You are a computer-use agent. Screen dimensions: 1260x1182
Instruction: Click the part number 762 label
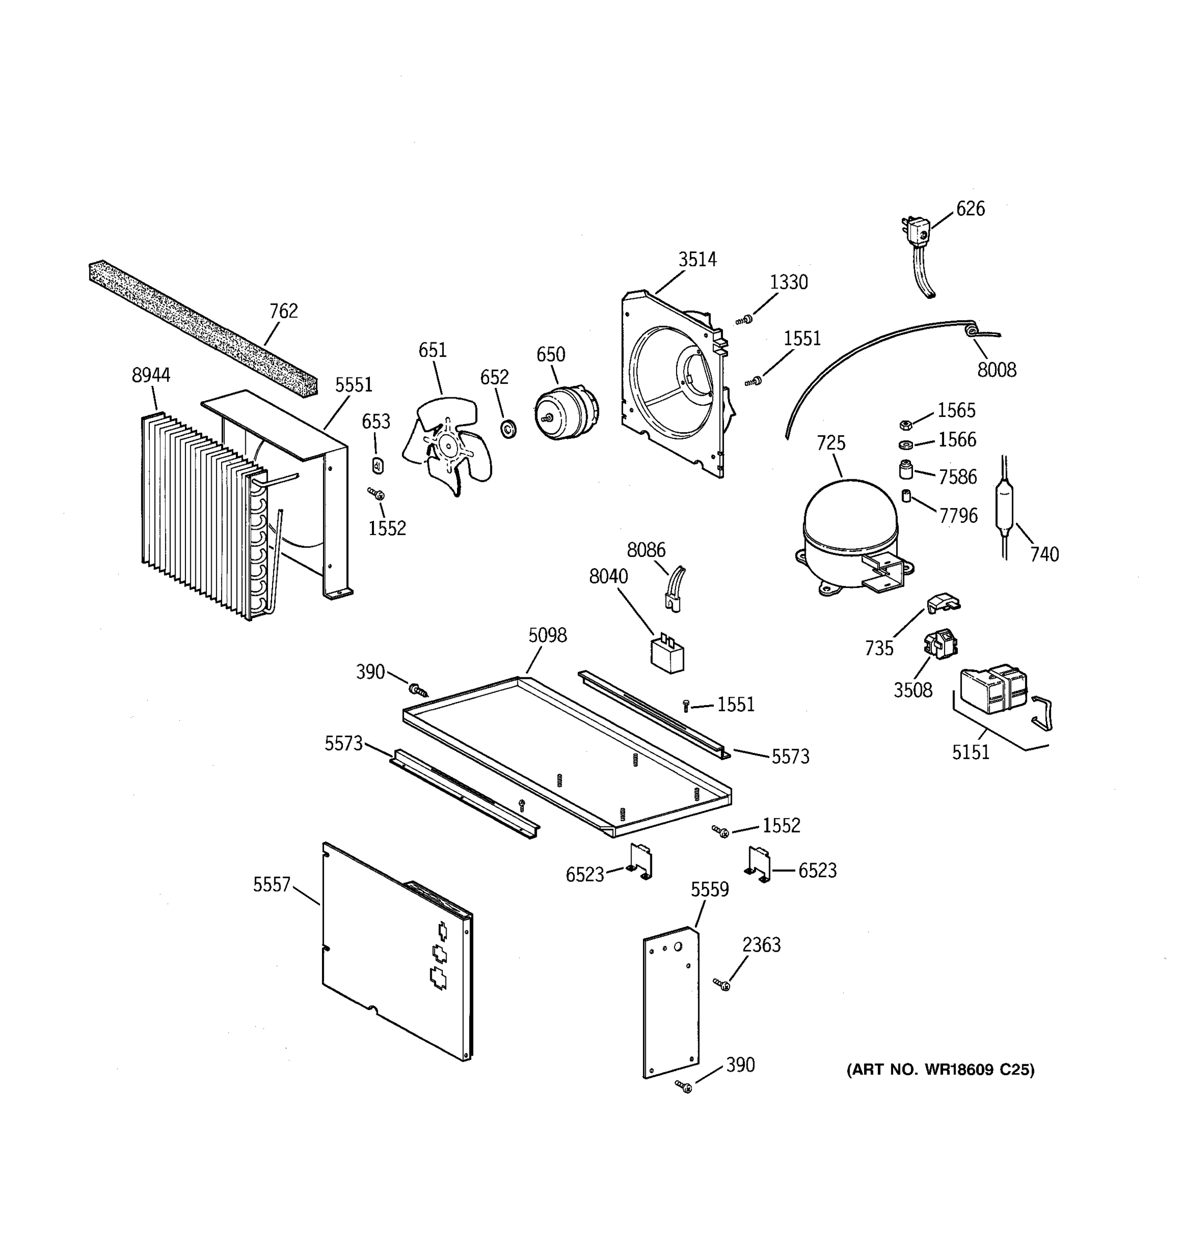pos(284,311)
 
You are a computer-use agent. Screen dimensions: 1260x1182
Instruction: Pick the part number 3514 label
pos(697,259)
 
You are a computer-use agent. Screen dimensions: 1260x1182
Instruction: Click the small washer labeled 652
pos(509,429)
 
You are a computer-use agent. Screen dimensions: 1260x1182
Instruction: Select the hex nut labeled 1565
pos(906,425)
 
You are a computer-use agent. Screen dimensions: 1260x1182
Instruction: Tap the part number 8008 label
pos(996,370)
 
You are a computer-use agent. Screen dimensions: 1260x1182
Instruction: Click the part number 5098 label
pos(547,635)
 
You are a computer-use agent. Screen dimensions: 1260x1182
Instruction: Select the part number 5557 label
pos(272,884)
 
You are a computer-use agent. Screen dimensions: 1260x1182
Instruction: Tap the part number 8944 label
pos(151,375)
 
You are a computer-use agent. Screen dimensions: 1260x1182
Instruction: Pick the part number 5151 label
pos(970,752)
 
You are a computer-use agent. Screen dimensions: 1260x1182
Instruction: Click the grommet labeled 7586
pos(906,470)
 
